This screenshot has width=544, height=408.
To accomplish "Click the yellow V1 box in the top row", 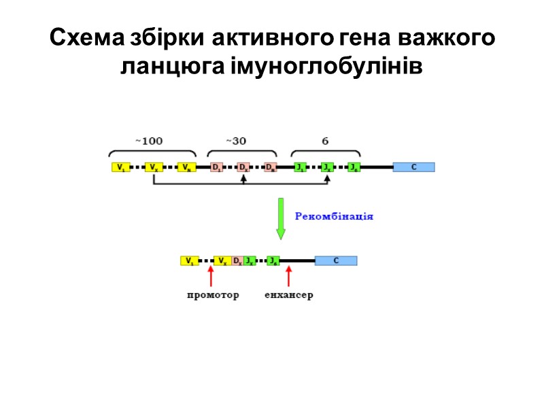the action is tap(120, 167).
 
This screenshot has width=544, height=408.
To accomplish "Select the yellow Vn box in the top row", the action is tap(186, 167).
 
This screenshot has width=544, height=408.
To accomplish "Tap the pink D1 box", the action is tap(216, 167).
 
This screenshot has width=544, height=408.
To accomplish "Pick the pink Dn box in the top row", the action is tap(271, 167).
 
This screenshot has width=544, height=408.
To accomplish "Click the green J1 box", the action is tap(300, 167).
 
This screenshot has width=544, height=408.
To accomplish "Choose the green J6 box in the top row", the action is tap(354, 167).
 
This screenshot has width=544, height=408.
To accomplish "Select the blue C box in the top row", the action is tap(413, 167).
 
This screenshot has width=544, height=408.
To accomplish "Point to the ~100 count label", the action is tap(149, 141).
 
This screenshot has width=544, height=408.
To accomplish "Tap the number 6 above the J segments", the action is tap(325, 141).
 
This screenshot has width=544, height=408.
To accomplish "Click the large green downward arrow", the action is tap(281, 218).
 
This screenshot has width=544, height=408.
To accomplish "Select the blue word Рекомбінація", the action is tap(334, 216).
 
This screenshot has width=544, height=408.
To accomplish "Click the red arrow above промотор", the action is tap(211, 275).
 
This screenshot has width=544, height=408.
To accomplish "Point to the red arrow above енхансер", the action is tap(289, 275).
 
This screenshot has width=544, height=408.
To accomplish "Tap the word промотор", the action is tap(213, 296).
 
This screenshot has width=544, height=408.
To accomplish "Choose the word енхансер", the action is tap(289, 296).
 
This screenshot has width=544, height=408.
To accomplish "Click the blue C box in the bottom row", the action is tap(336, 260).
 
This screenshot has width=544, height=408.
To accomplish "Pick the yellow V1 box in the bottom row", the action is tap(190, 260).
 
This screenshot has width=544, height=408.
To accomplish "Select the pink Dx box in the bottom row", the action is tap(237, 260).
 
